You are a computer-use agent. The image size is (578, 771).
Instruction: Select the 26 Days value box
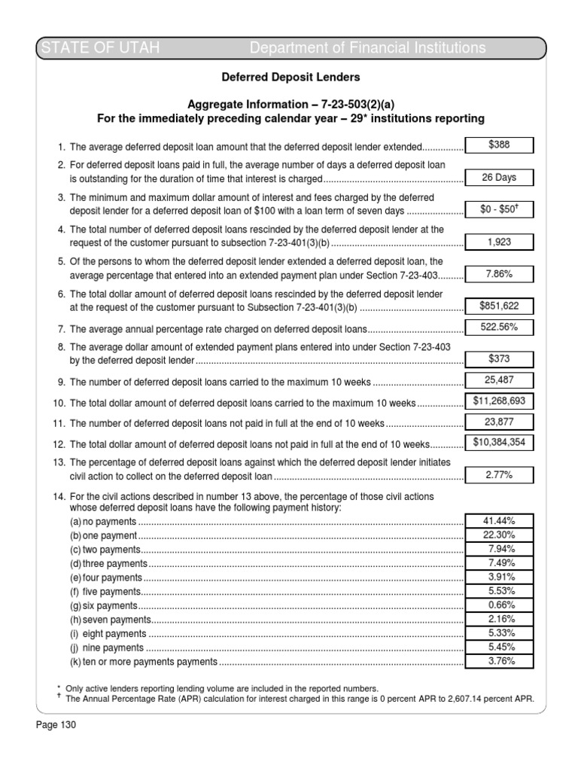500,178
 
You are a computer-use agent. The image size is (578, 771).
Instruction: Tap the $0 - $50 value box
500,210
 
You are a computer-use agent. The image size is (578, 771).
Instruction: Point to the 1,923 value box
500,242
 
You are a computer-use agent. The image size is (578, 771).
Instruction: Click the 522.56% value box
500,327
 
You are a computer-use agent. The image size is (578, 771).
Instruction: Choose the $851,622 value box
500,306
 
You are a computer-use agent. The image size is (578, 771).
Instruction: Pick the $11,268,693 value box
500,401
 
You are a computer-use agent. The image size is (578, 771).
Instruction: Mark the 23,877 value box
500,422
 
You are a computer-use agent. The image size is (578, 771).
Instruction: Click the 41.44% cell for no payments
500,521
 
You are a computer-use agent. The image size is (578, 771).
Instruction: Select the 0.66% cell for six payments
500,605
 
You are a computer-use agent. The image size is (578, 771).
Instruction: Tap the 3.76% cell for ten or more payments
500,662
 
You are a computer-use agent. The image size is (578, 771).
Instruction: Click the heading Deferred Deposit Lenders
290,77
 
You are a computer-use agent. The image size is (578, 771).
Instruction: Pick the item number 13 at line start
59,462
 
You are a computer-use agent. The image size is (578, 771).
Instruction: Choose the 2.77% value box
500,475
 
